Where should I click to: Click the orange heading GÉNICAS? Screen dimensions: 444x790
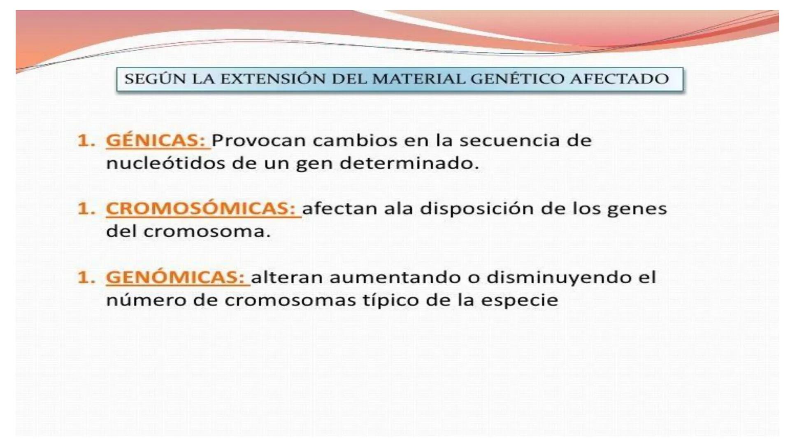point(156,141)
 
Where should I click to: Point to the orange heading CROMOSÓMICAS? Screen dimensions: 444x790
point(201,208)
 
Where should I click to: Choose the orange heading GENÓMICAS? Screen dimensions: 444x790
point(176,277)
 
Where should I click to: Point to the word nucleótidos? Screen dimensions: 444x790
point(165,163)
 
